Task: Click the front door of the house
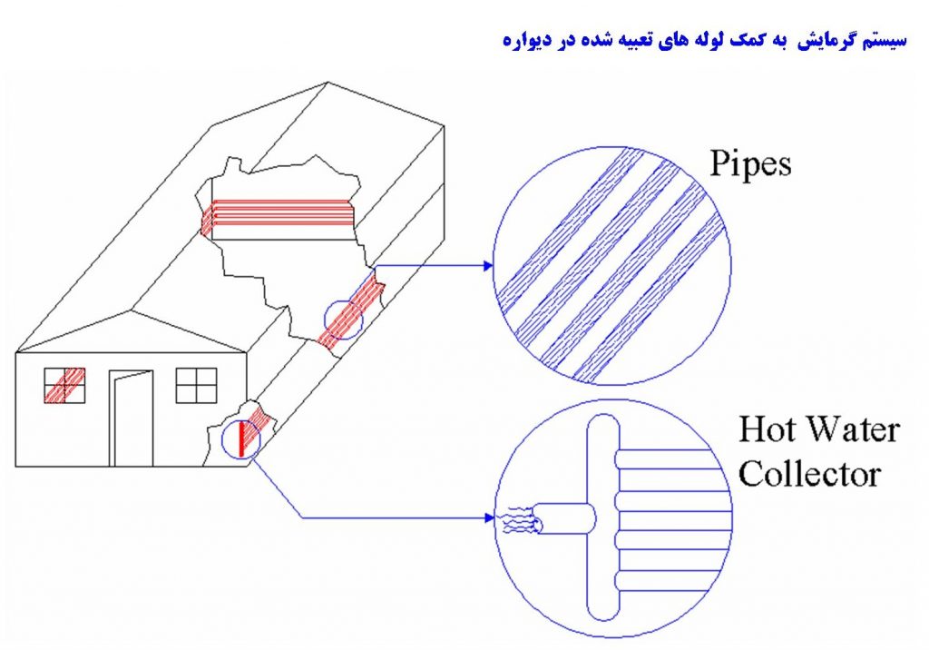132,418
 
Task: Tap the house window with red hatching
64,385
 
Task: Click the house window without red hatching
196,385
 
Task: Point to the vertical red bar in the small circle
241,438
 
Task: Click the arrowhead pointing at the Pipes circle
488,266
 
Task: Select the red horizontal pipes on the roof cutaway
277,213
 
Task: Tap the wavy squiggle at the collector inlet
513,521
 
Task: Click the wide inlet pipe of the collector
562,519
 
